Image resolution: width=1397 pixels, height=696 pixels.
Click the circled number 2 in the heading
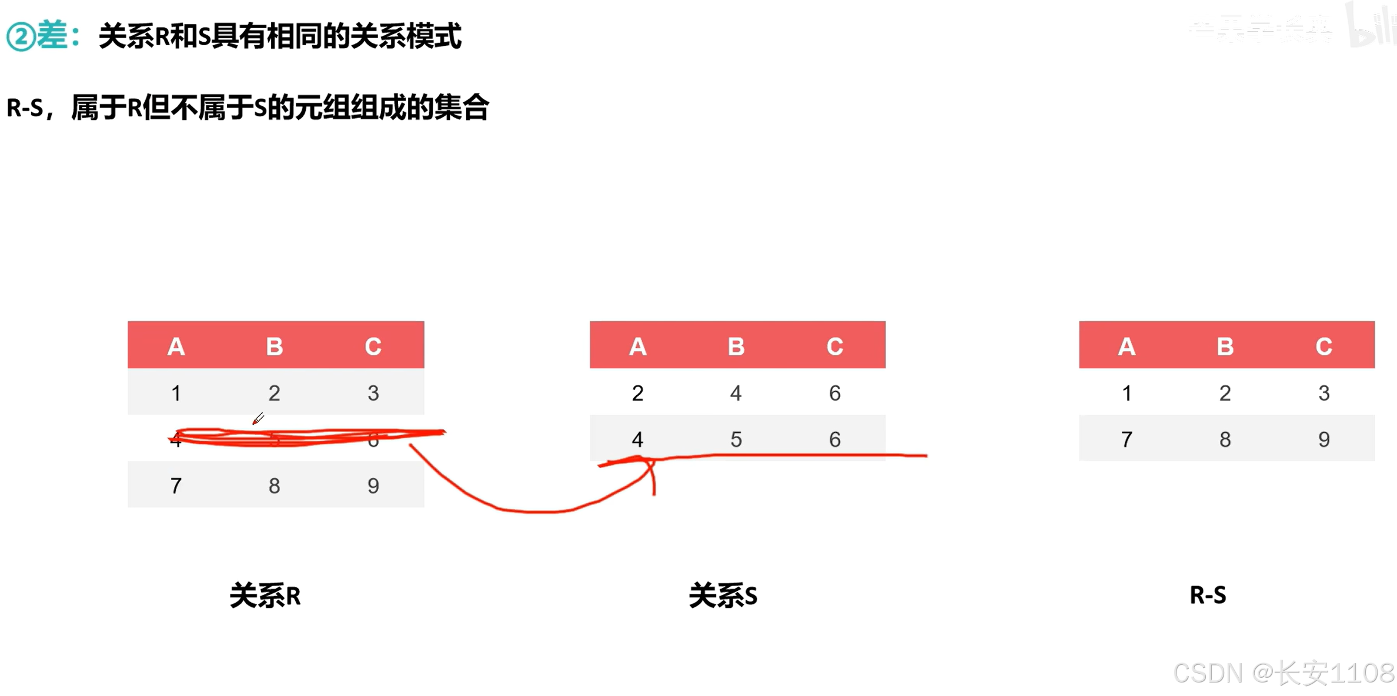coord(21,37)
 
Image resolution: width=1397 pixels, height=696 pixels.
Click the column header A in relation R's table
coord(176,347)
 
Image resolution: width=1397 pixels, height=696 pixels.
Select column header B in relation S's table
coord(736,347)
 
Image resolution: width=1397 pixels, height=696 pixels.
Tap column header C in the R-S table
coord(1324,347)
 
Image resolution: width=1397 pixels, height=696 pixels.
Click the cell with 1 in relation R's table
coord(176,393)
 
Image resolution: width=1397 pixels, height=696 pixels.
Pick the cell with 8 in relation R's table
coord(275,486)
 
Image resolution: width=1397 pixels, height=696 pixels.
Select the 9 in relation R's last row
coord(373,486)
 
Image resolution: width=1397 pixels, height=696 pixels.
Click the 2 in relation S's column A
coord(638,393)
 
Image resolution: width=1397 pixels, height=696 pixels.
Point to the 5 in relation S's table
coord(736,439)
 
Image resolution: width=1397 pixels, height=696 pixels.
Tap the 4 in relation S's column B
coord(736,393)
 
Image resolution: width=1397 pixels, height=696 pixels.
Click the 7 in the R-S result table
coord(1127,439)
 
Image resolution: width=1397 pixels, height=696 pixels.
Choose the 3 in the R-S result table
coord(1324,393)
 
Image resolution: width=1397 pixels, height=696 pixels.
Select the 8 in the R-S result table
coord(1225,439)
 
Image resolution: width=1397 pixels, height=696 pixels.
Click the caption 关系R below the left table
coord(265,596)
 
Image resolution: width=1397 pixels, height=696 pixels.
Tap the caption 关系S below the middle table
coord(723,596)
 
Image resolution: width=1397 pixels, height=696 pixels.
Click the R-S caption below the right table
coord(1208,595)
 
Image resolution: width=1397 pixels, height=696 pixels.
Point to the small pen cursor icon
coord(258,419)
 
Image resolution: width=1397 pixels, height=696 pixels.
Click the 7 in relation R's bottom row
coord(176,486)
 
